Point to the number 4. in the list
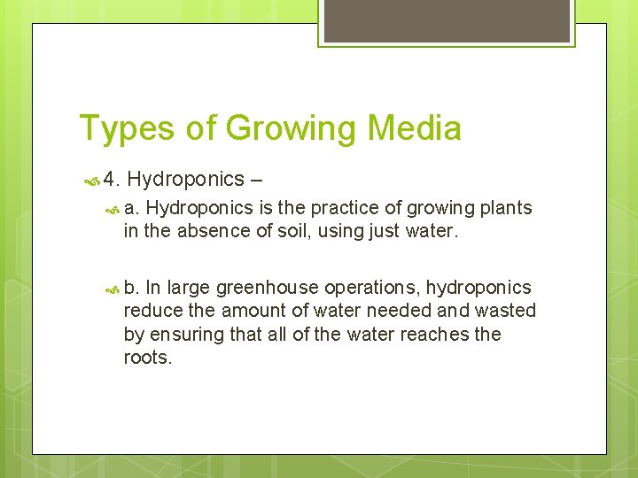(111, 180)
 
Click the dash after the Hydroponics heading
(257, 180)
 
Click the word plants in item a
(505, 208)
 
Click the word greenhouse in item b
(269, 288)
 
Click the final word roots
(148, 358)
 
